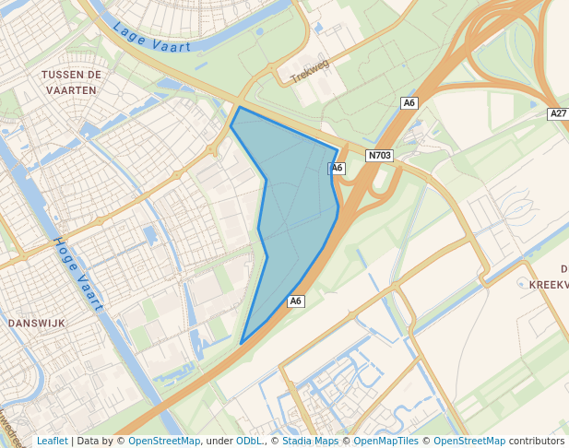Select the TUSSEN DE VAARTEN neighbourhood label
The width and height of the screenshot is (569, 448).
click(69, 81)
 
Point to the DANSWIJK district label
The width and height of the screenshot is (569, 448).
click(35, 324)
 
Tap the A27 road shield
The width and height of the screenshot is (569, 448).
click(557, 113)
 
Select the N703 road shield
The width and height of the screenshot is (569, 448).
click(379, 156)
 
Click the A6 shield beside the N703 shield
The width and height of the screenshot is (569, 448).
click(337, 168)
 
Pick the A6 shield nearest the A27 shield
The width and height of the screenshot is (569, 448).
click(409, 103)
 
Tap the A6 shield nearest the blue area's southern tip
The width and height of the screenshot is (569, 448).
click(295, 301)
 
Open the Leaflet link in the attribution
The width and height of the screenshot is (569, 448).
click(52, 441)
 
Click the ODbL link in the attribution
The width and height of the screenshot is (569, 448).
click(248, 441)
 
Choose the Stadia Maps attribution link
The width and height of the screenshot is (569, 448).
click(310, 441)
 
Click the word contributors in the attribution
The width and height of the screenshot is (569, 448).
click(537, 441)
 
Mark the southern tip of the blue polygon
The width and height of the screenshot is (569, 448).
click(242, 344)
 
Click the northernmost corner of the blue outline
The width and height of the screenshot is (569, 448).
click(239, 108)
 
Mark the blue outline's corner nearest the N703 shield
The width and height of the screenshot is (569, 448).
click(338, 148)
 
